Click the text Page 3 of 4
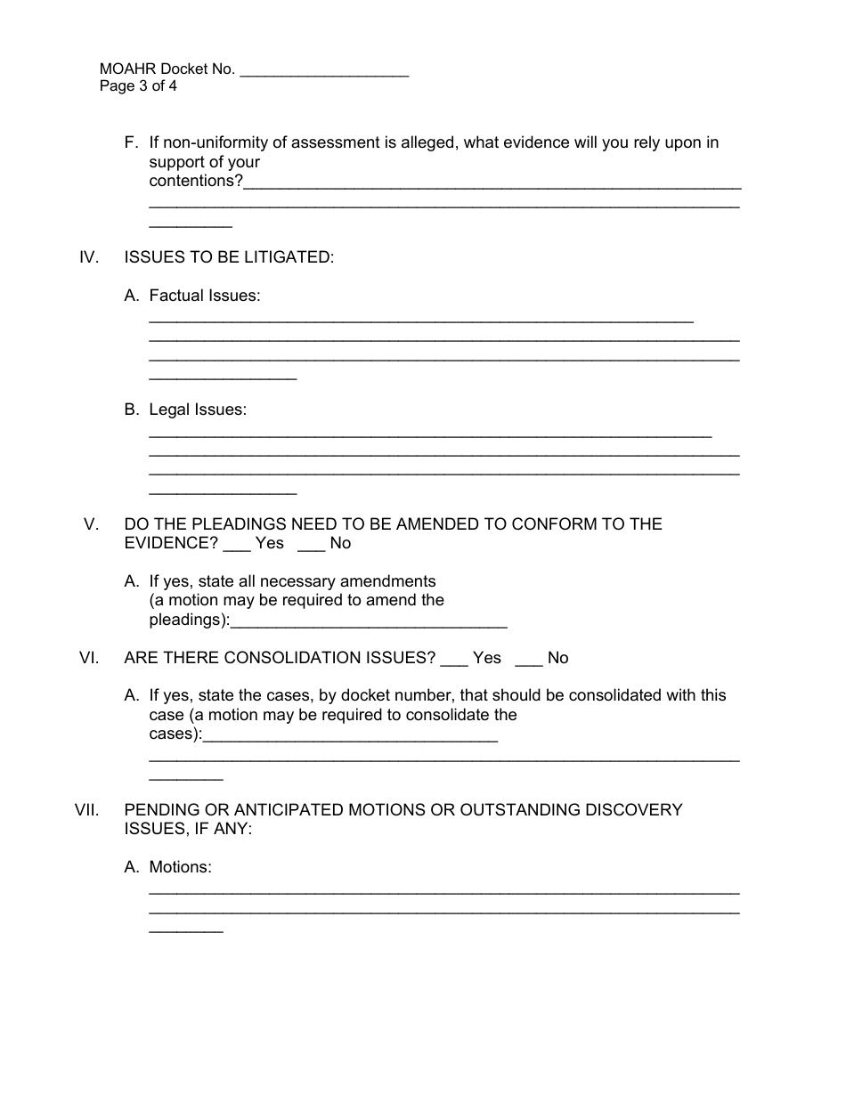click(x=138, y=86)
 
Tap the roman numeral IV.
click(x=88, y=257)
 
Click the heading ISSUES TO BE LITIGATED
click(x=229, y=257)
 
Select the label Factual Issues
click(x=205, y=296)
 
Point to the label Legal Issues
click(x=198, y=410)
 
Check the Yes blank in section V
click(x=236, y=545)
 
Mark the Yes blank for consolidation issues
click(x=453, y=660)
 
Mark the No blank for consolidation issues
click(x=528, y=660)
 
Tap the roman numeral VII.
click(x=85, y=810)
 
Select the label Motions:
click(x=181, y=867)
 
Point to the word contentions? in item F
click(x=196, y=181)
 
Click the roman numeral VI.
click(x=88, y=658)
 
